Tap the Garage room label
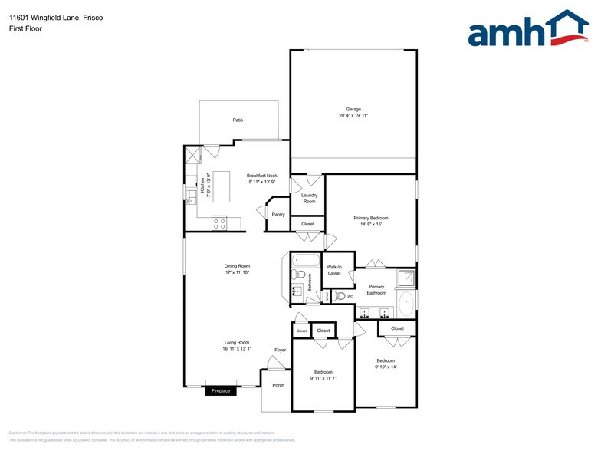click(353, 109)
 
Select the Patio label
click(238, 120)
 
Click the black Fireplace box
click(221, 391)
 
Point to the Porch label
click(278, 385)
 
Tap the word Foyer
click(281, 350)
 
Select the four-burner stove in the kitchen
click(220, 223)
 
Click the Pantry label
click(278, 214)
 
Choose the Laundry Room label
click(309, 198)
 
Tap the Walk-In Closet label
click(334, 270)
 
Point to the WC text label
click(350, 295)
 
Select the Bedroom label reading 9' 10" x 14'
click(386, 367)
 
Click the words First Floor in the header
click(26, 28)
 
